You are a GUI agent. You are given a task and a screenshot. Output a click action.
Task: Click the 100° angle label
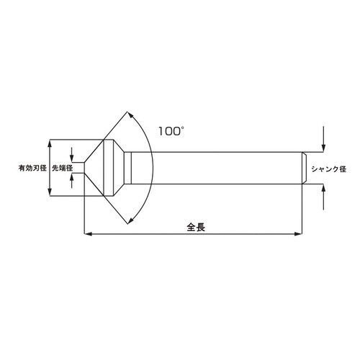pyautogui.click(x=171, y=131)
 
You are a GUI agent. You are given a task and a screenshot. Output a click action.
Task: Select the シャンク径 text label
pyautogui.click(x=328, y=169)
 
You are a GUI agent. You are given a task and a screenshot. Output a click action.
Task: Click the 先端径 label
pyautogui.click(x=62, y=168)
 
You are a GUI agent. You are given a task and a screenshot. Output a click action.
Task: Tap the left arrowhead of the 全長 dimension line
pyautogui.click(x=88, y=233)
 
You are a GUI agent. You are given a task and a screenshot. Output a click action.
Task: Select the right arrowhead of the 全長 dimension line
pyautogui.click(x=298, y=233)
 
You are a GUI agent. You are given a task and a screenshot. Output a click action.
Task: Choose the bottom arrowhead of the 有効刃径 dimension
pyautogui.click(x=50, y=193)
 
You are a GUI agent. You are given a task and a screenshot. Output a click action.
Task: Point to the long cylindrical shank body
pyautogui.click(x=216, y=167)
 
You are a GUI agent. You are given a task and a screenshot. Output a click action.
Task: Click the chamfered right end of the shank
pyautogui.click(x=303, y=167)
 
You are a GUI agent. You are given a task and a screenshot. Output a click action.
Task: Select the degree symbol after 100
pyautogui.click(x=184, y=127)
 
